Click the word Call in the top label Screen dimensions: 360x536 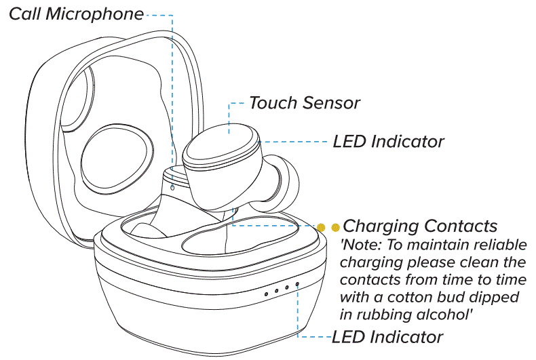pos(26,14)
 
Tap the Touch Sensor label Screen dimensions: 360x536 pos(304,103)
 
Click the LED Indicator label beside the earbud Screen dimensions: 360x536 pos(388,142)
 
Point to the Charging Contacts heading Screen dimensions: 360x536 pos(420,226)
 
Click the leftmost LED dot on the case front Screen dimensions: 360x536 pos(267,293)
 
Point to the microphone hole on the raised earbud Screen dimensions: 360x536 pos(172,186)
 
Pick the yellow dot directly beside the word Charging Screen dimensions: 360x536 pos(335,227)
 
